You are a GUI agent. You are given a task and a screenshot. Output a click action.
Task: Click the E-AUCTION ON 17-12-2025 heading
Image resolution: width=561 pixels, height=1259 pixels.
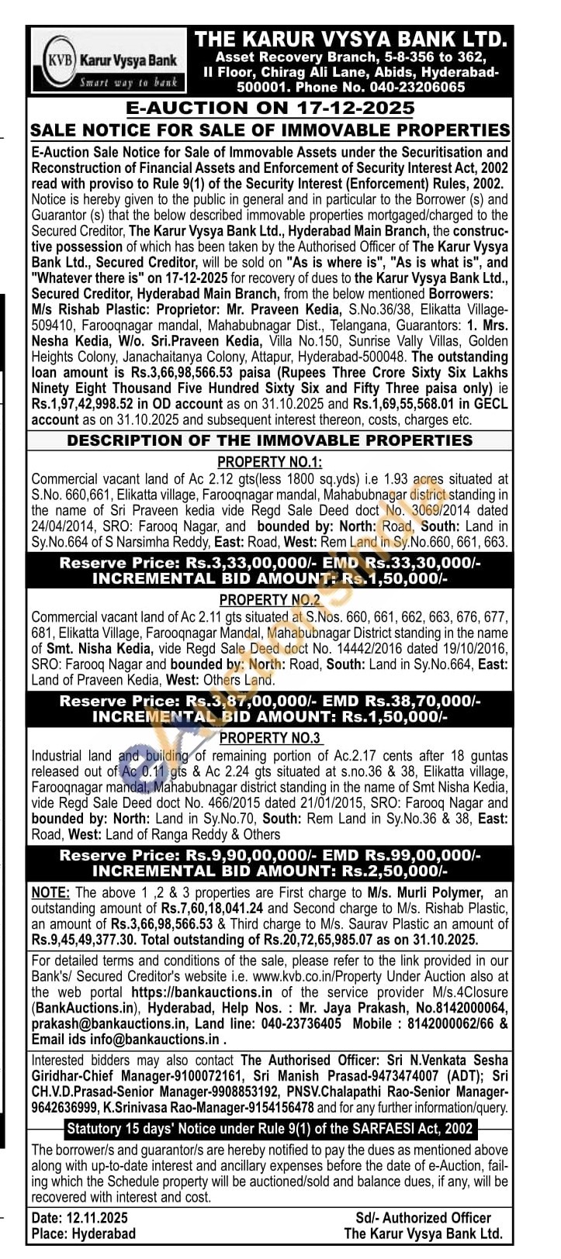pos(270,108)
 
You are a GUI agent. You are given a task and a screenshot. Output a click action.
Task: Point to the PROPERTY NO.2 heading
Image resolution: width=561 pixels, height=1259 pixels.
pos(270,600)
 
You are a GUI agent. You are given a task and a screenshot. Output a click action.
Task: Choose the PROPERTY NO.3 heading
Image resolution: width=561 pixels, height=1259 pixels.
pos(270,738)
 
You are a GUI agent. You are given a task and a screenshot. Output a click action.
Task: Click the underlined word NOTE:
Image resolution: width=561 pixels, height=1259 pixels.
pos(50,892)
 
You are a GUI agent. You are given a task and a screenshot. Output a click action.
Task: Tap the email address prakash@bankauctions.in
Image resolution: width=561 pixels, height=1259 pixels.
pos(99,1024)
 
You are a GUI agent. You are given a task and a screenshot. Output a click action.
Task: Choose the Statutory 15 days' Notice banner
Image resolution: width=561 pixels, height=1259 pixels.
pos(269,1128)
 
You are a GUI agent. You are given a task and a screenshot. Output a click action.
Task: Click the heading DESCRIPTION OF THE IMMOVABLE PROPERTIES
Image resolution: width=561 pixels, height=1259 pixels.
pos(269,440)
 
